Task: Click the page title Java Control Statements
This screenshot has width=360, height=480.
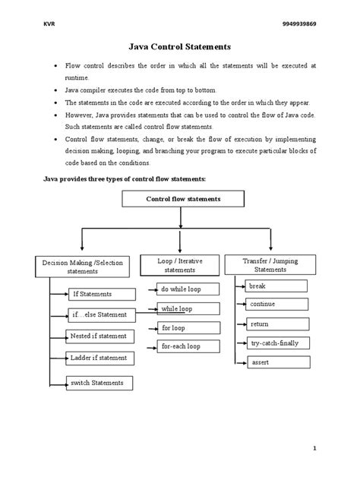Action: pyautogui.click(x=179, y=47)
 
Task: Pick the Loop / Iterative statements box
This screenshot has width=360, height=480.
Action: pyautogui.click(x=180, y=264)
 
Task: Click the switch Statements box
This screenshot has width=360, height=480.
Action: pyautogui.click(x=99, y=382)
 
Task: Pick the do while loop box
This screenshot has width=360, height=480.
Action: pyautogui.click(x=187, y=289)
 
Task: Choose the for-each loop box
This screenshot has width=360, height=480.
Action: pyautogui.click(x=187, y=346)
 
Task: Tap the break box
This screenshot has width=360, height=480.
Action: pyautogui.click(x=276, y=286)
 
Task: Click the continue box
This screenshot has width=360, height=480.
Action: pyautogui.click(x=276, y=304)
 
